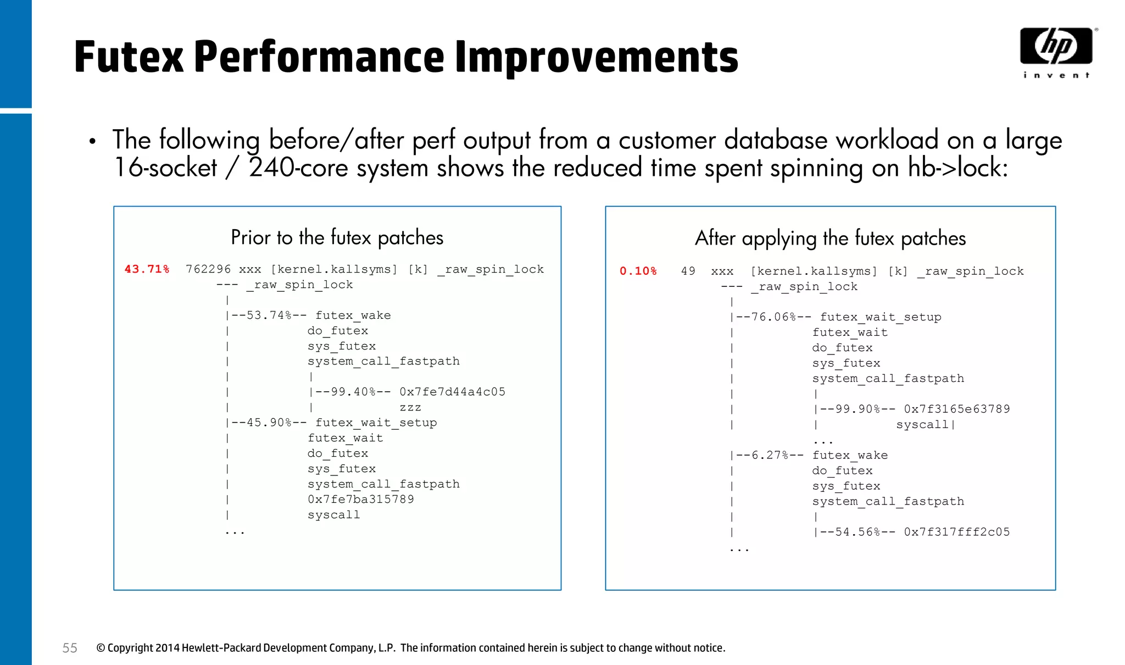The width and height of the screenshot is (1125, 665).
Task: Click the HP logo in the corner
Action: [1056, 46]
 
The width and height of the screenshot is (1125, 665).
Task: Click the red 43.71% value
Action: [147, 269]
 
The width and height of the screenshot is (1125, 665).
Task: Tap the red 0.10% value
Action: [638, 271]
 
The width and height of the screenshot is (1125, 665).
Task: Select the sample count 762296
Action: [208, 269]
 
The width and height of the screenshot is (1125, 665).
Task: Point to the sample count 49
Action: [688, 271]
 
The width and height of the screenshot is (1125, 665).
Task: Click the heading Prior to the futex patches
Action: [337, 237]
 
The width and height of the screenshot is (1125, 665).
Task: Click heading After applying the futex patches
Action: [830, 238]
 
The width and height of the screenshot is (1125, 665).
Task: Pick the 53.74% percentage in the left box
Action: [269, 315]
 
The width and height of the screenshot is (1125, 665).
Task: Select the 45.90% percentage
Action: [269, 423]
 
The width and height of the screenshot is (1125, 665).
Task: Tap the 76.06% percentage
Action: [773, 317]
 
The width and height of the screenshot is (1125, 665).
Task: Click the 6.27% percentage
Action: [770, 455]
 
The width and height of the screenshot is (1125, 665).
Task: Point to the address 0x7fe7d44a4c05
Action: [452, 392]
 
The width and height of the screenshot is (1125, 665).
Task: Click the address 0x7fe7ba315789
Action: [360, 500]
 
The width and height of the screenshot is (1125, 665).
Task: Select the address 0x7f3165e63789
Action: [956, 409]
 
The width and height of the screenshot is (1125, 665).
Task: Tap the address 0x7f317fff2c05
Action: [956, 532]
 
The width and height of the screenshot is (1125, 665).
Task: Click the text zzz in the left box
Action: [410, 407]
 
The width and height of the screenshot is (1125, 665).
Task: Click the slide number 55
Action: [70, 648]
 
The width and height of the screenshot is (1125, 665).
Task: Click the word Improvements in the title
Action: [597, 57]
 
